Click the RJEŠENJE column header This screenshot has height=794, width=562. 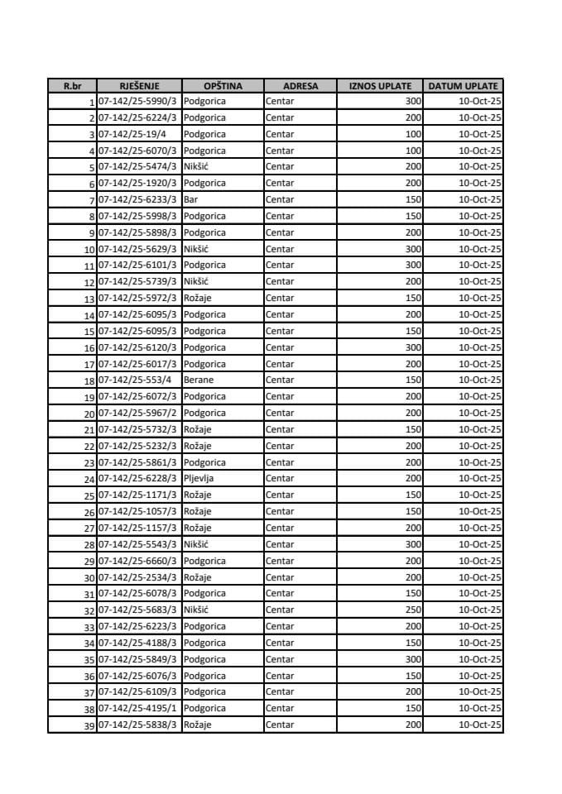tap(138, 85)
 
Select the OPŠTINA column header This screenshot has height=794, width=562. tap(222, 85)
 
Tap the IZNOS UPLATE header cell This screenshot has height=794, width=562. tap(380, 85)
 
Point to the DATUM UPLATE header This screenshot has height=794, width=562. tap(463, 85)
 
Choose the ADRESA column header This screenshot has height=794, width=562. tap(300, 85)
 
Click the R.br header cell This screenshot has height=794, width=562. tap(72, 85)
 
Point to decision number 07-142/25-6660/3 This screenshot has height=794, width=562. tap(138, 561)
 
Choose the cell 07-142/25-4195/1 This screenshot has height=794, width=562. tap(138, 709)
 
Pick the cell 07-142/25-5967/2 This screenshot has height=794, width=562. tap(138, 414)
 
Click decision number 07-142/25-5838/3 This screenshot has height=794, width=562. tap(138, 725)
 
